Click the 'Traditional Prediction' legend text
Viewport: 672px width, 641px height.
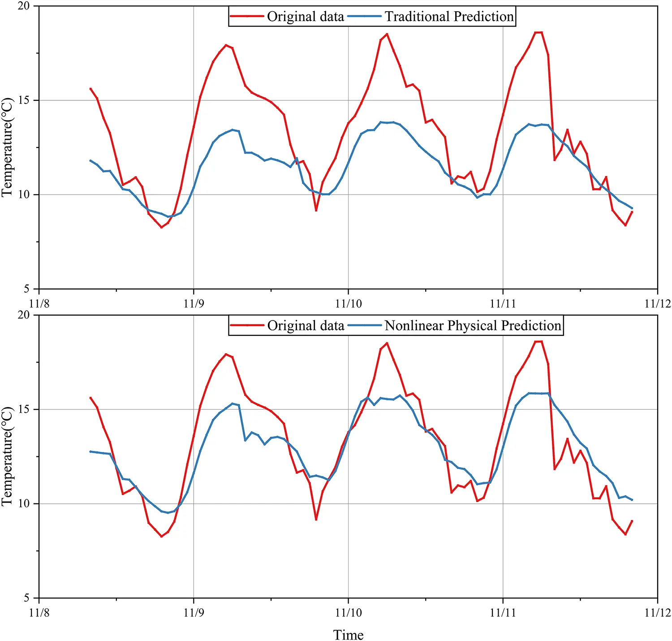[x=449, y=17]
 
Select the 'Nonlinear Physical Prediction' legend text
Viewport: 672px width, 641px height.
[x=473, y=325]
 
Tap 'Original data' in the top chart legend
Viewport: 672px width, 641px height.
[x=306, y=17]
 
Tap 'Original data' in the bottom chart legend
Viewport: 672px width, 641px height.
[x=306, y=325]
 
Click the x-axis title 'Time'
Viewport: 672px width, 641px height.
[x=348, y=635]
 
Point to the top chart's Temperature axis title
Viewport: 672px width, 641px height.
[x=8, y=147]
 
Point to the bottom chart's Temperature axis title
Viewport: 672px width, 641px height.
[x=8, y=456]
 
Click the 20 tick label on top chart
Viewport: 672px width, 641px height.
[x=24, y=6]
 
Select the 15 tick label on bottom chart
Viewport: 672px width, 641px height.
[x=24, y=409]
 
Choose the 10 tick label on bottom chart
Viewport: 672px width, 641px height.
[x=24, y=504]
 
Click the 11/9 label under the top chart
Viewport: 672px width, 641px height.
[x=194, y=303]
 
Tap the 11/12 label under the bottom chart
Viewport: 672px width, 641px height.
[x=658, y=613]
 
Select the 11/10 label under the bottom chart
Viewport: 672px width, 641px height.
[x=348, y=613]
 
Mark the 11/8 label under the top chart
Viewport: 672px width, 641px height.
[x=39, y=303]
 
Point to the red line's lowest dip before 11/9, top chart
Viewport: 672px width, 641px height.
[x=162, y=227]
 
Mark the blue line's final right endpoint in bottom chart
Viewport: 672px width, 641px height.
[x=632, y=500]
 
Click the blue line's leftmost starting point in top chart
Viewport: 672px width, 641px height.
[x=90, y=160]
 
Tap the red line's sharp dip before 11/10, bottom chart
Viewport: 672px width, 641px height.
[x=316, y=520]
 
